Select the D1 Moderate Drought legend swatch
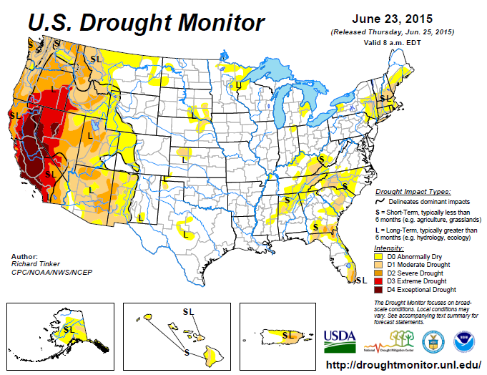point(380,265)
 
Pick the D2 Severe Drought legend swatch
point(380,273)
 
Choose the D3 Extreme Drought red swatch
point(380,281)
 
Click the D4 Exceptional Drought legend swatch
point(380,290)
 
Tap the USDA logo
point(340,339)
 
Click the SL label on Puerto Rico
point(289,334)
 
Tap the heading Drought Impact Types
point(413,192)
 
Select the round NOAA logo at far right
point(465,339)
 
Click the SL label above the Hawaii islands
point(187,311)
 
